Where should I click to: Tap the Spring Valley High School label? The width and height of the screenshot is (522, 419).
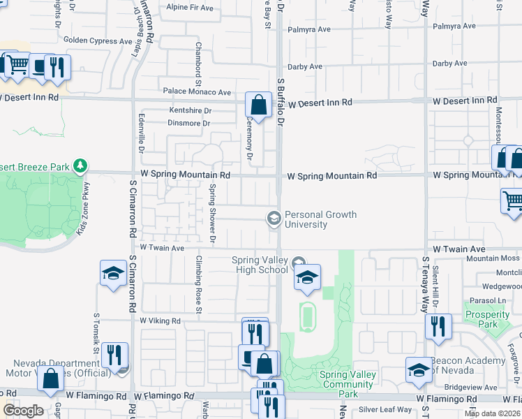[x=260, y=265]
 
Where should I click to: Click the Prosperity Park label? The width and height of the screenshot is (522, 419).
[x=487, y=319]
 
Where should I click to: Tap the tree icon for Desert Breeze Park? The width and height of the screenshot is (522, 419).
[x=82, y=166]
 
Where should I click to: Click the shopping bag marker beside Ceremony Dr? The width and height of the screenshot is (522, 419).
[x=258, y=107]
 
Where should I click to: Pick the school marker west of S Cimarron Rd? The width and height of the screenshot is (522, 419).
[x=112, y=274]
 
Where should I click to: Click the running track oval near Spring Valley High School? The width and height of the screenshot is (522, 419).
[x=307, y=316]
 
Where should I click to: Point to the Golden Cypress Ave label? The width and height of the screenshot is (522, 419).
[x=97, y=41]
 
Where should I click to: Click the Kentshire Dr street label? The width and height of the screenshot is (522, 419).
[x=189, y=110]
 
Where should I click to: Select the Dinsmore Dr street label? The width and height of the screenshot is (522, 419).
[x=188, y=124]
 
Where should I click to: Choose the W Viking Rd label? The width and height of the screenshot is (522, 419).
[x=160, y=321]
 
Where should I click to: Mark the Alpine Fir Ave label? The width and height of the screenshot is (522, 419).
[x=190, y=8]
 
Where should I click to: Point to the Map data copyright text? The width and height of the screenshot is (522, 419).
[x=492, y=413]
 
